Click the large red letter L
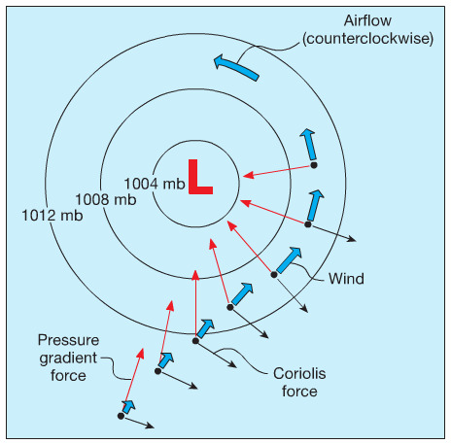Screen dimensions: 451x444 click(200, 177)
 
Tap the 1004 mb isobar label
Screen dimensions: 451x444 click(155, 184)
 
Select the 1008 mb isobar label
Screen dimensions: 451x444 click(106, 199)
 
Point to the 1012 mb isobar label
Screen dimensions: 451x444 click(52, 216)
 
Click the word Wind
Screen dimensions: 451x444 click(346, 279)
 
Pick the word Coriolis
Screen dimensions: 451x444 click(299, 373)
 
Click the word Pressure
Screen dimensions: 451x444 click(68, 340)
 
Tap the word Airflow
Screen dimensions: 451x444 click(367, 20)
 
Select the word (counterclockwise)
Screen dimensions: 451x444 click(367, 39)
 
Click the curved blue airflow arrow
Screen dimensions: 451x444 click(236, 66)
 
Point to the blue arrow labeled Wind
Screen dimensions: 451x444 click(289, 260)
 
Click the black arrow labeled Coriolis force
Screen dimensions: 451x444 click(216, 354)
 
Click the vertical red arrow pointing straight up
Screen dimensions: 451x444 click(195, 305)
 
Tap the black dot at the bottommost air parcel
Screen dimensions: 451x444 click(121, 416)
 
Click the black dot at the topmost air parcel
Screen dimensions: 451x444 click(314, 165)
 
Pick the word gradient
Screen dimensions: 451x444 click(68, 359)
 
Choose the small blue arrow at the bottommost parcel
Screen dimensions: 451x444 click(128, 407)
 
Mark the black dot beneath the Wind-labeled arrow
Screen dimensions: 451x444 click(274, 275)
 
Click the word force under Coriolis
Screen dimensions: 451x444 click(299, 392)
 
